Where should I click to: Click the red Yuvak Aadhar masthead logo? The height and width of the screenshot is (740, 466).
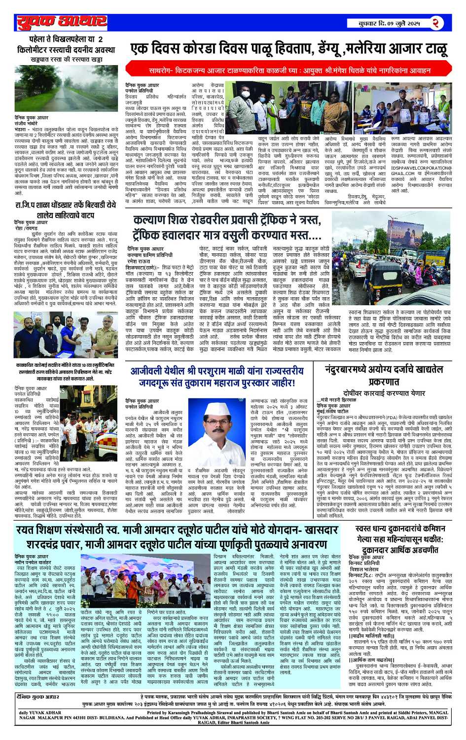(x=62, y=22)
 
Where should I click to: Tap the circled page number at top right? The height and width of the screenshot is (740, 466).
(x=435, y=23)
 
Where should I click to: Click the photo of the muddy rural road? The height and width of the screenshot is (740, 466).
(x=66, y=89)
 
